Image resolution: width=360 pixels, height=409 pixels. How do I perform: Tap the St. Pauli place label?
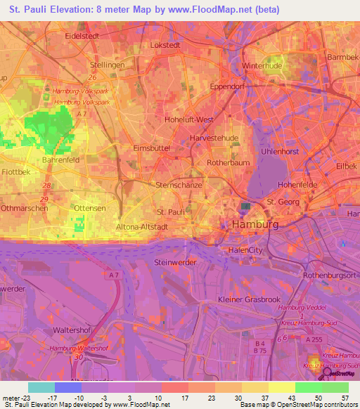pos(170,211)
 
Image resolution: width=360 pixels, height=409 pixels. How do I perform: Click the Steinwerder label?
pos(174,261)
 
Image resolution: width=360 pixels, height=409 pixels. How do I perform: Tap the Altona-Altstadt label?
pos(141,228)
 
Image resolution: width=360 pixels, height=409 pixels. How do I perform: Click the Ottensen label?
pos(90,209)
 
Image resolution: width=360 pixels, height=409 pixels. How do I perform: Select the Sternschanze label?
pos(179,185)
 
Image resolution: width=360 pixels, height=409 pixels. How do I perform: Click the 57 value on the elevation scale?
pos(344,397)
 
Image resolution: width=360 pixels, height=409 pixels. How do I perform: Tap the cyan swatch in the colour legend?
pos(41,387)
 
